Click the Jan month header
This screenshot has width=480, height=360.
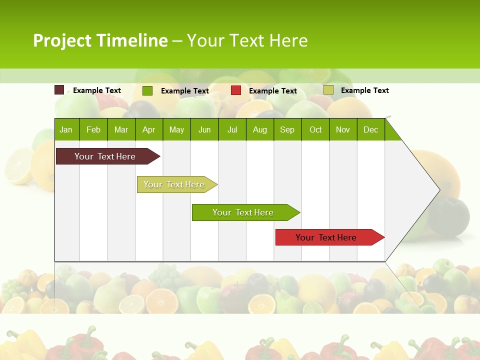(x=66, y=130)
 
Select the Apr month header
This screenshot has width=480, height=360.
(x=148, y=130)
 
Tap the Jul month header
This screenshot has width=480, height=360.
(x=232, y=130)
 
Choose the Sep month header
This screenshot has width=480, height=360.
(x=287, y=130)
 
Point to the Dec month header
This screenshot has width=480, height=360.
(x=370, y=130)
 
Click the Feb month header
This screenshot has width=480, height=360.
(x=93, y=130)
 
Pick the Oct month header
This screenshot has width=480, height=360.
(x=315, y=130)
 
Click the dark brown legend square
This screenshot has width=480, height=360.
(x=59, y=90)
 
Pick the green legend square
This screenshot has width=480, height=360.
(x=147, y=90)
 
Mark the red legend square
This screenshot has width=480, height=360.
(x=236, y=90)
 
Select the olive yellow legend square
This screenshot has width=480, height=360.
(x=328, y=90)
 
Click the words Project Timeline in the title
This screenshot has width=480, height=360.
(x=100, y=40)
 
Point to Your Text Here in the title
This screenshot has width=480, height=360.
(x=247, y=40)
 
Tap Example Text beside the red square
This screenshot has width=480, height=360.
(x=272, y=91)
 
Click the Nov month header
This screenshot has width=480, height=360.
(x=343, y=130)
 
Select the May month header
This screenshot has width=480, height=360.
(x=176, y=130)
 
